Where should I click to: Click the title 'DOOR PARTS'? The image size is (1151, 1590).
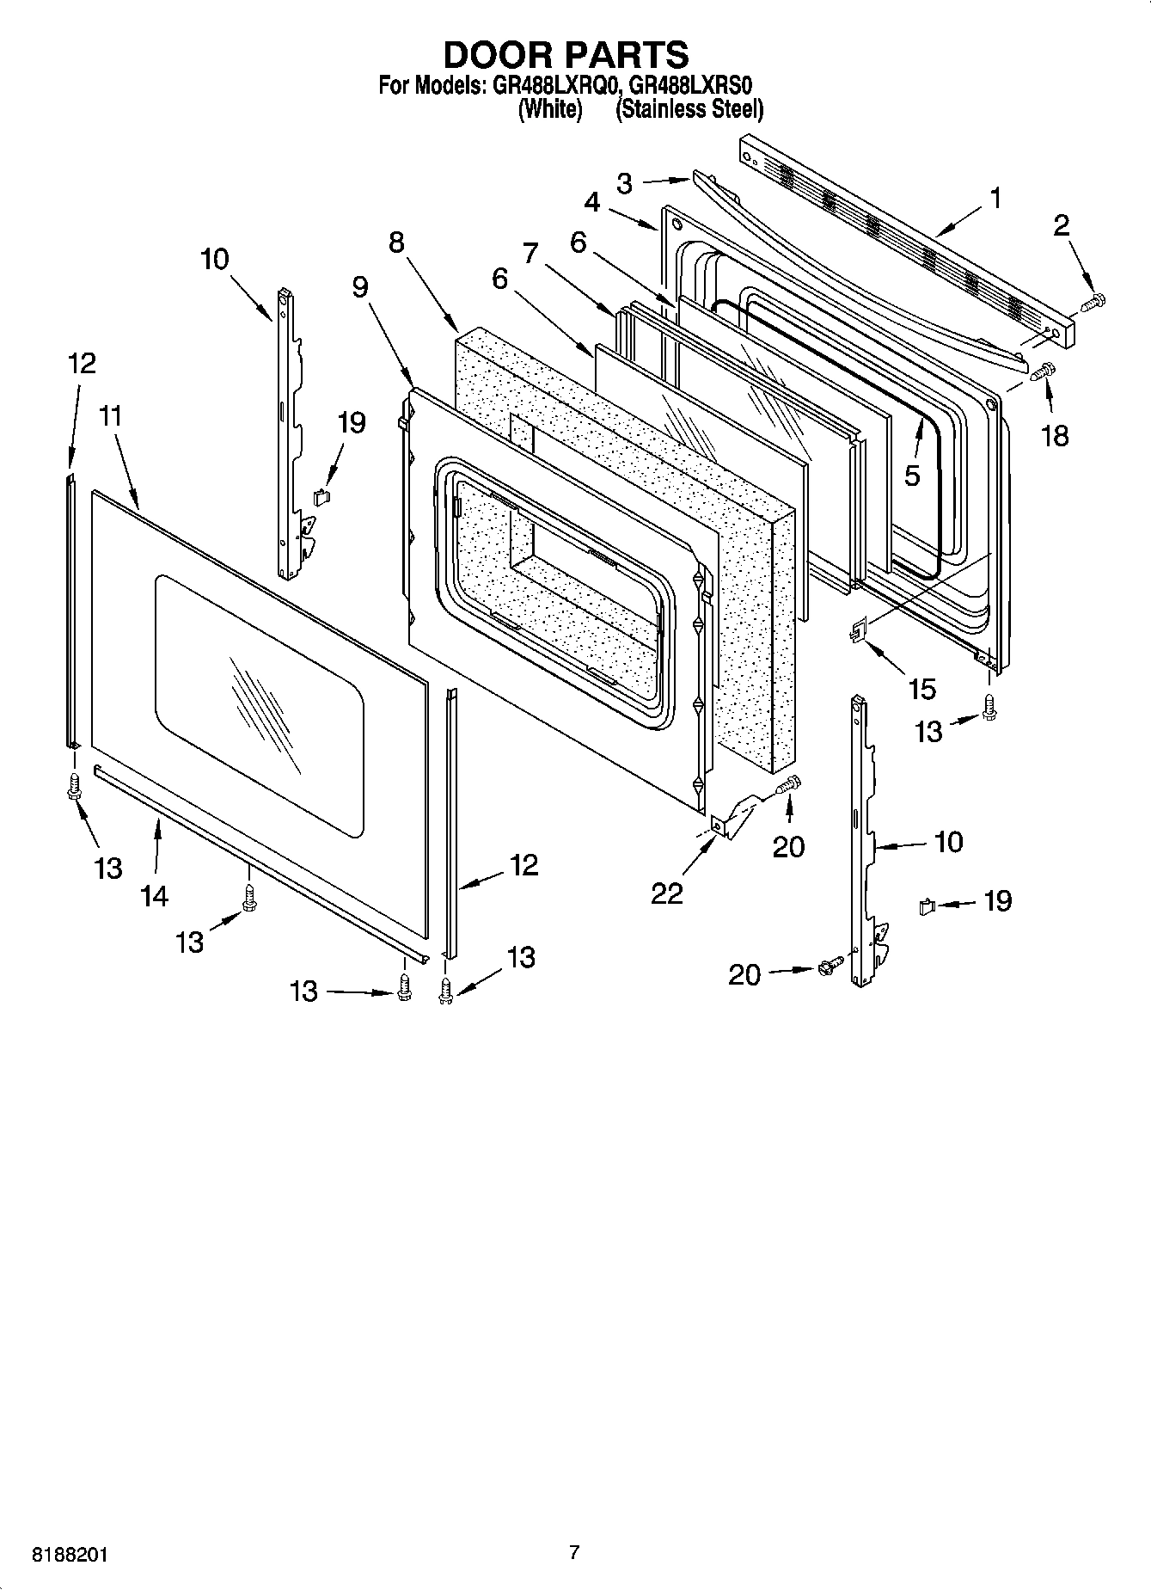[566, 54]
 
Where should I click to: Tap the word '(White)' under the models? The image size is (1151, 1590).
[550, 109]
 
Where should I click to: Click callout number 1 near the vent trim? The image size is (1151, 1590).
[995, 199]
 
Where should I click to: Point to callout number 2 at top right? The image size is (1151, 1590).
[1062, 225]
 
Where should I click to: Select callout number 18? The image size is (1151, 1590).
[1055, 435]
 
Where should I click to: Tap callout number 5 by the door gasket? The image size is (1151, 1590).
[912, 475]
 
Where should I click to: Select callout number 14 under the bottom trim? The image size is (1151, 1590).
[154, 896]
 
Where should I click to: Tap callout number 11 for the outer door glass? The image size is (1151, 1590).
[110, 416]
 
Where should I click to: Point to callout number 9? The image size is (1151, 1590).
[360, 286]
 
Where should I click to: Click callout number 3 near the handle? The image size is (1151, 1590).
[625, 182]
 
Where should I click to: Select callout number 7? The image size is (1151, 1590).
[530, 253]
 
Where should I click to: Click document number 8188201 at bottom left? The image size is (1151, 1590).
[70, 1556]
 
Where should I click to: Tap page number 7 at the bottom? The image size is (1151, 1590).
[574, 1552]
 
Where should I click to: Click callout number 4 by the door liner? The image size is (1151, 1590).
[592, 202]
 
